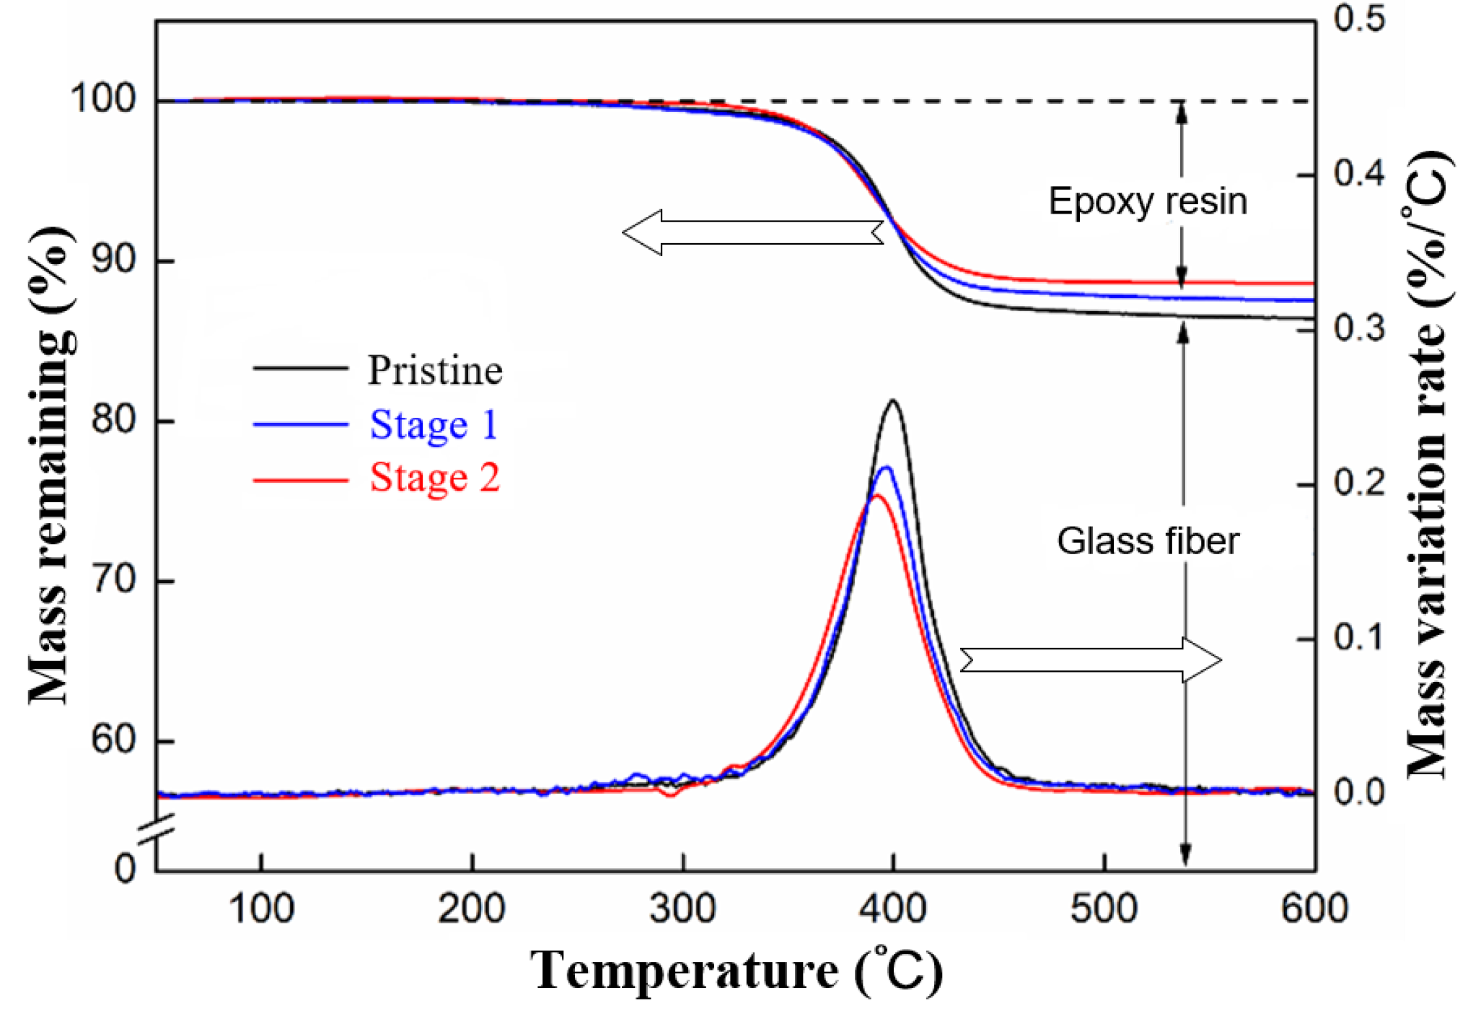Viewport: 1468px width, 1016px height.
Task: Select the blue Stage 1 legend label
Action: tap(434, 424)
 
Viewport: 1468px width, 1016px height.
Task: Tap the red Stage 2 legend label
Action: tap(434, 478)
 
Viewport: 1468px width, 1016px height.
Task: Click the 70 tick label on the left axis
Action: tap(113, 579)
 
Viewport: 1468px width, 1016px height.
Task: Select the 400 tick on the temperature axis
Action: tap(893, 908)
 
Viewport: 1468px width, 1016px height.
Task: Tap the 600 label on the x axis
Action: tap(1314, 908)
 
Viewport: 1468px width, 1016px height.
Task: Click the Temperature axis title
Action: tap(736, 971)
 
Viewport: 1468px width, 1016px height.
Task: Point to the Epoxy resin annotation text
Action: tap(1147, 201)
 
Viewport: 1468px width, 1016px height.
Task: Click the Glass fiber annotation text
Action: tap(1147, 541)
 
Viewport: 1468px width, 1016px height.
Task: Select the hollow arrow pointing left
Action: tap(752, 232)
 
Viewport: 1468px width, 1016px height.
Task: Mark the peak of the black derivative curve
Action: tap(893, 400)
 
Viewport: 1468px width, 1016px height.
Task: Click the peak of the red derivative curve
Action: tap(876, 495)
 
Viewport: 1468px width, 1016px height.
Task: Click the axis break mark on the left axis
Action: tap(157, 828)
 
